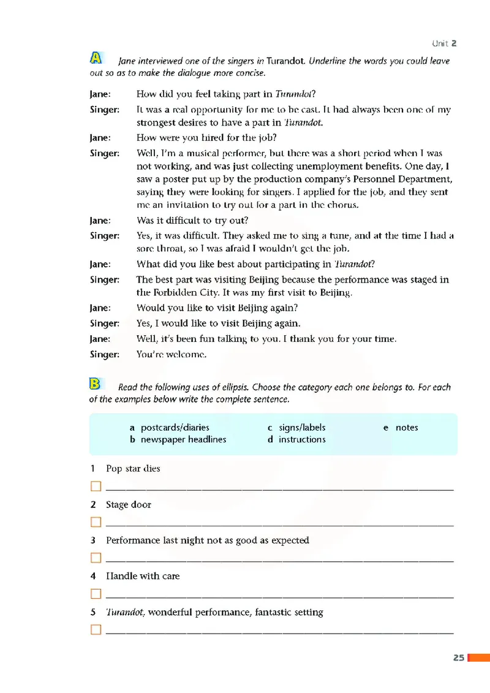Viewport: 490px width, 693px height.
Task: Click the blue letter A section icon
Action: pyautogui.click(x=96, y=58)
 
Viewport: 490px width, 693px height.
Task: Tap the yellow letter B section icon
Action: pyautogui.click(x=95, y=384)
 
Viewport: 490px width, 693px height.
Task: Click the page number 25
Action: pyautogui.click(x=458, y=657)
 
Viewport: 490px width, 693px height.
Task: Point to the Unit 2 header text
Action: pyautogui.click(x=444, y=43)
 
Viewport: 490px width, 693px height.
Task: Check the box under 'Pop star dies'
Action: pyautogui.click(x=95, y=487)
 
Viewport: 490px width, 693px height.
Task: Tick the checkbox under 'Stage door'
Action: pyautogui.click(x=95, y=523)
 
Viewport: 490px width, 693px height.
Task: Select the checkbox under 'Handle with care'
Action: pyautogui.click(x=95, y=594)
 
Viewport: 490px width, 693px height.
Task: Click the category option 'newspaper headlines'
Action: pyautogui.click(x=183, y=439)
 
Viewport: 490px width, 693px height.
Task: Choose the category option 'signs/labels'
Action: pyautogui.click(x=302, y=427)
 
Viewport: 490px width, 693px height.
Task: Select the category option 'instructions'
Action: pyautogui.click(x=302, y=439)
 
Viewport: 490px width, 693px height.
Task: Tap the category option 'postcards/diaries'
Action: pyautogui.click(x=175, y=427)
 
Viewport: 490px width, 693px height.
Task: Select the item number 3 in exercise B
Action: pyautogui.click(x=92, y=540)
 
